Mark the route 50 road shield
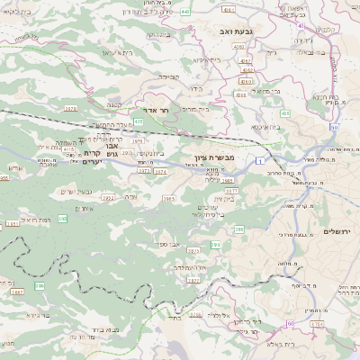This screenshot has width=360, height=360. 333,129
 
